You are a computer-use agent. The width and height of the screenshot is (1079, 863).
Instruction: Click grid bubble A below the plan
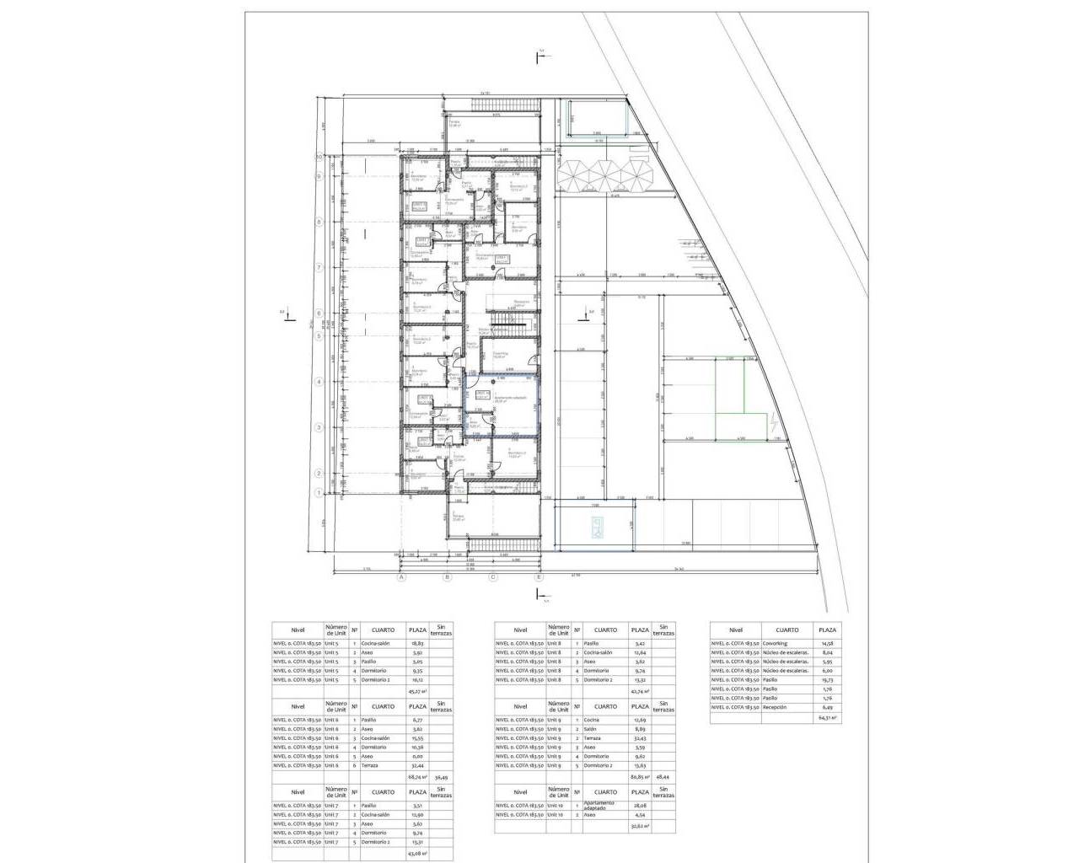click(402, 577)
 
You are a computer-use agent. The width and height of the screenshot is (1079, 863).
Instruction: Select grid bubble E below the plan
click(539, 577)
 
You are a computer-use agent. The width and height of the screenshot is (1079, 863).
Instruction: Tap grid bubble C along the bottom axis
click(494, 577)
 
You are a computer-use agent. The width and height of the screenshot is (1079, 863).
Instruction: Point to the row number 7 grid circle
click(319, 267)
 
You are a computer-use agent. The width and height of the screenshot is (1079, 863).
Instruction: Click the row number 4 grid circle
click(319, 381)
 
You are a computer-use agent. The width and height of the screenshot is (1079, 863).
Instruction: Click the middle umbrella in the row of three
click(605, 174)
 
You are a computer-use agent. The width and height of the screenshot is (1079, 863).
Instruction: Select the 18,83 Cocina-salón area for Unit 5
click(416, 643)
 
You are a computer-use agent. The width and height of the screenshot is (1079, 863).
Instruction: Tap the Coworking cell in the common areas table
click(775, 643)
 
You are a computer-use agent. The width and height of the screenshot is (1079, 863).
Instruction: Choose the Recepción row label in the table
click(775, 707)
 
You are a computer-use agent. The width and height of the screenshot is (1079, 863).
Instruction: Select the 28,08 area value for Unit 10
click(640, 804)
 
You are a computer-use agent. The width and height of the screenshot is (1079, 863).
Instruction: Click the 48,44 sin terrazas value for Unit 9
click(666, 777)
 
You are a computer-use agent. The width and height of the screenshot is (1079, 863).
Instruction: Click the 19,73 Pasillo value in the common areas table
click(827, 679)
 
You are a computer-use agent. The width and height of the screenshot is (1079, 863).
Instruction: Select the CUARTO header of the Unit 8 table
click(605, 630)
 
